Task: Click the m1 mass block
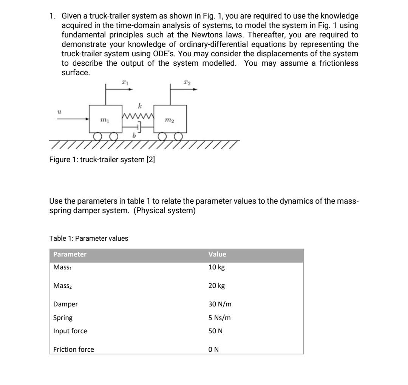105,119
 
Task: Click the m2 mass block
170,119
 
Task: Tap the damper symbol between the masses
139,127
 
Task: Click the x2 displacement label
186,82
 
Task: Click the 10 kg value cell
216,267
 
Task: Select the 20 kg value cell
216,286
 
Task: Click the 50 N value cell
215,331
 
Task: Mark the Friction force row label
74,349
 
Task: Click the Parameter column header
70,254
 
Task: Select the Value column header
217,254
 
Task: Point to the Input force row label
70,331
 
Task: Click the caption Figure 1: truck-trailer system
102,159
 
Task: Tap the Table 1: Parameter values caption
89,238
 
